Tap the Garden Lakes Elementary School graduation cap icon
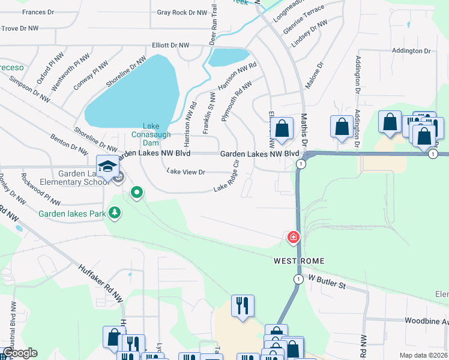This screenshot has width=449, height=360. pos(107,166)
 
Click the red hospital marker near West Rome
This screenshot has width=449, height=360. pos(294,238)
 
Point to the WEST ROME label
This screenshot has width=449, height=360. pos(299,261)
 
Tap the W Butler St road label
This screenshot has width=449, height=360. pos(327,281)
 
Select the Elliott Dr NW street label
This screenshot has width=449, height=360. pos(170,45)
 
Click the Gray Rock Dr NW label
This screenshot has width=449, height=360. pos(179,12)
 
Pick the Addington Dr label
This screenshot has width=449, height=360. pos(411,51)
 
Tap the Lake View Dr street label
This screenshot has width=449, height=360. pos(186,172)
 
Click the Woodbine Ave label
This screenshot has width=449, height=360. pos(426,322)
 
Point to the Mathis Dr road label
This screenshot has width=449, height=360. pos(304,129)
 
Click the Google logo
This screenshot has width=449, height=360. pos(20,353)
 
